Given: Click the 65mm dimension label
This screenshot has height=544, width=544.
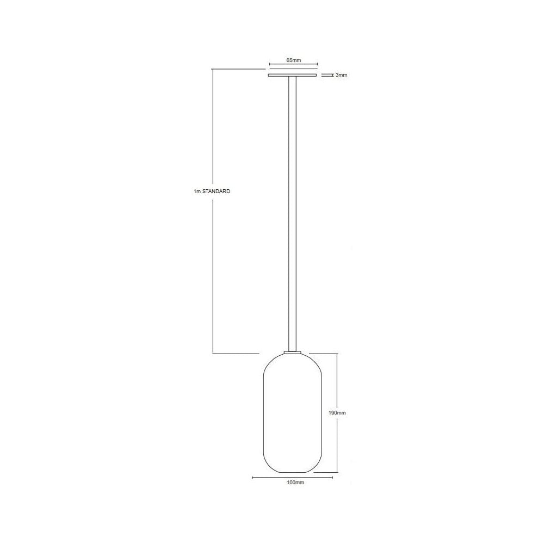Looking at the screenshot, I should pos(293,60).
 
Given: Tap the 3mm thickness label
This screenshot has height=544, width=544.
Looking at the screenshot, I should pos(341,75).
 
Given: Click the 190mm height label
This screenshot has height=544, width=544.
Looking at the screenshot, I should pos(337,413).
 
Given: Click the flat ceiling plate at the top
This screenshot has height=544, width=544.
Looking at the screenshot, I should pos(292,75).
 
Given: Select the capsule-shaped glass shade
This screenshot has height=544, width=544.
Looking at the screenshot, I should pos(292,413).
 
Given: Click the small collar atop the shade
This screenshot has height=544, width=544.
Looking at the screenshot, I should pos(292,353).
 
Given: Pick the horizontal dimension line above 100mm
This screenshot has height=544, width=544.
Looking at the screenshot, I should pos(293,478).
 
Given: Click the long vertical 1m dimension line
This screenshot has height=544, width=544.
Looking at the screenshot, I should pos(212,272).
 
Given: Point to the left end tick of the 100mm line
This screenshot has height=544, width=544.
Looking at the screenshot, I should pos(253,478).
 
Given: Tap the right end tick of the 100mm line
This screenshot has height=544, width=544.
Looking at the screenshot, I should pos(332,478).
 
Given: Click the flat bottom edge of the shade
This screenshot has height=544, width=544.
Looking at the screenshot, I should pos(292,472).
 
